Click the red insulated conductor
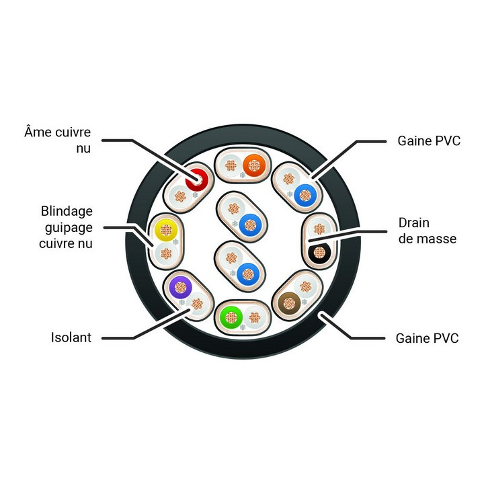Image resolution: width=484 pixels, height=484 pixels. pyautogui.click(x=196, y=179)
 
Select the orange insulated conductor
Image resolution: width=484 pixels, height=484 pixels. pyautogui.click(x=254, y=165)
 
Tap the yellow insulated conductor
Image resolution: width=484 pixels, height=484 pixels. pyautogui.click(x=166, y=230)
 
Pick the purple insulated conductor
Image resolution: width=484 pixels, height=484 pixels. pyautogui.click(x=181, y=288)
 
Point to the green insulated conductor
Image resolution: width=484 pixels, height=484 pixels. pyautogui.click(x=231, y=317)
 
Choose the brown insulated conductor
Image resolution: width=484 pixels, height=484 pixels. pyautogui.click(x=289, y=303)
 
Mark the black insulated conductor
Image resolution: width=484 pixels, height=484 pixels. pyautogui.click(x=319, y=253)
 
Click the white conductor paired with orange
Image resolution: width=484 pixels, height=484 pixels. pyautogui.click(x=231, y=165)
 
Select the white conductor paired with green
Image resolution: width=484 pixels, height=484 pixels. pyautogui.click(x=255, y=317)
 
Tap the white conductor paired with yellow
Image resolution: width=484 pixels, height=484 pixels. pyautogui.click(x=166, y=253)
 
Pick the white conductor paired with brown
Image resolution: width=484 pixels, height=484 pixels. pyautogui.click(x=306, y=287)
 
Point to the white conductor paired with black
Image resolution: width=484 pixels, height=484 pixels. pyautogui.click(x=319, y=229)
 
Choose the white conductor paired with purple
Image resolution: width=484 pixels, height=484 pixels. pyautogui.click(x=197, y=304)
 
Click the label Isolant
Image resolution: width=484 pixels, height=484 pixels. pyautogui.click(x=71, y=337)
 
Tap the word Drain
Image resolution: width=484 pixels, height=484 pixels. pyautogui.click(x=413, y=223)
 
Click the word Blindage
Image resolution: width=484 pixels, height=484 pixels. pyautogui.click(x=67, y=211)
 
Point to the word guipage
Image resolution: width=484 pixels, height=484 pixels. pyautogui.click(x=69, y=228)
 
